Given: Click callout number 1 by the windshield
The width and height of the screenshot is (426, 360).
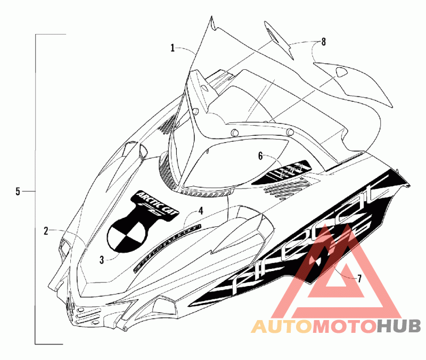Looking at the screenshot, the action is [173, 48].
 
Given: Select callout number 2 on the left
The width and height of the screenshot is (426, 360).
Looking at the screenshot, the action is [46, 231].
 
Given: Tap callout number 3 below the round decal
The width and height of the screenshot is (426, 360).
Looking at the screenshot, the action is [102, 260].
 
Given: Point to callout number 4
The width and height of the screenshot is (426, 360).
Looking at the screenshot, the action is [200, 211].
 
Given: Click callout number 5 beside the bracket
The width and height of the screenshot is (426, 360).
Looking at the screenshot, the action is [18, 191].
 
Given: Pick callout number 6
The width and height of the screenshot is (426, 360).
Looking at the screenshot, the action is [260, 156].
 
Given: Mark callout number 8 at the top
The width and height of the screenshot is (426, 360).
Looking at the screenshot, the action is [323, 40].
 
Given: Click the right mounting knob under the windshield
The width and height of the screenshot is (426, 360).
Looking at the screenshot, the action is [289, 131].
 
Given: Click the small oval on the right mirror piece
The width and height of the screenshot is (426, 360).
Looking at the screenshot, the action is [339, 72].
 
